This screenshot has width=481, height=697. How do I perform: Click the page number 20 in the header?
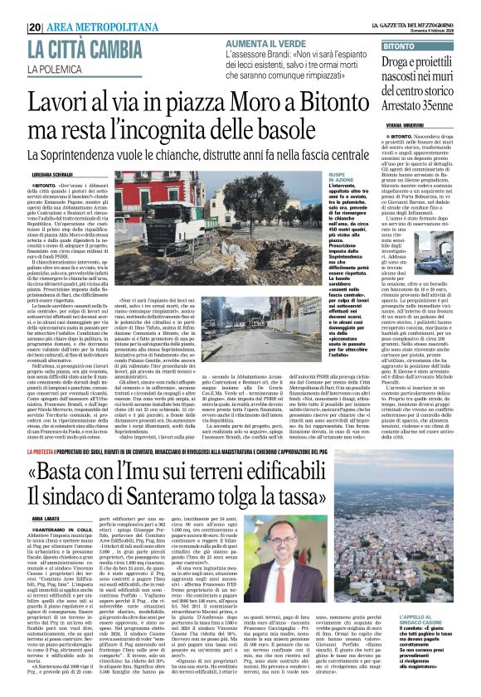click(x=34, y=27)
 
